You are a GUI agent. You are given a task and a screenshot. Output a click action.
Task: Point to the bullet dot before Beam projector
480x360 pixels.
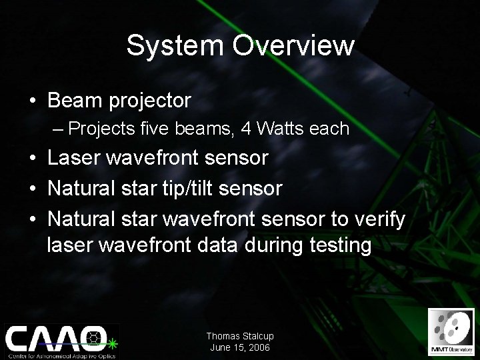coord(33,102)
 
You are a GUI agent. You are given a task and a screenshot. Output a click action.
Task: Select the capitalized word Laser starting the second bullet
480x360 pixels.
coord(74,158)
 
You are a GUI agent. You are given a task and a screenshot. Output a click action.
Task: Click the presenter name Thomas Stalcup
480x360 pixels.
coord(239,337)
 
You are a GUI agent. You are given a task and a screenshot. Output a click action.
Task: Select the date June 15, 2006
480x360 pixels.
coord(239,347)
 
